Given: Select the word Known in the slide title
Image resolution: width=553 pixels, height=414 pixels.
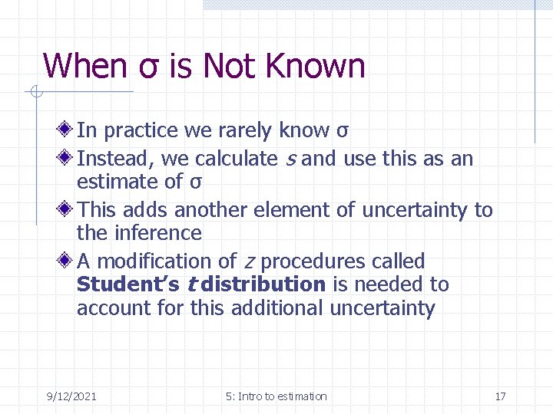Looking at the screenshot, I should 315,66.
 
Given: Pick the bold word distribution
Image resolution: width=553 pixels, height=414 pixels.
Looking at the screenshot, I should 260,284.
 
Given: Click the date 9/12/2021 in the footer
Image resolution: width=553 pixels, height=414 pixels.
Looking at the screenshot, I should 71,396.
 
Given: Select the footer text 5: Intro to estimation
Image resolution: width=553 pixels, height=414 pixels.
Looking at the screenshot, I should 276,396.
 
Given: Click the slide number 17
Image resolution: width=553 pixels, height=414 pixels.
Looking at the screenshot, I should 500,396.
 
